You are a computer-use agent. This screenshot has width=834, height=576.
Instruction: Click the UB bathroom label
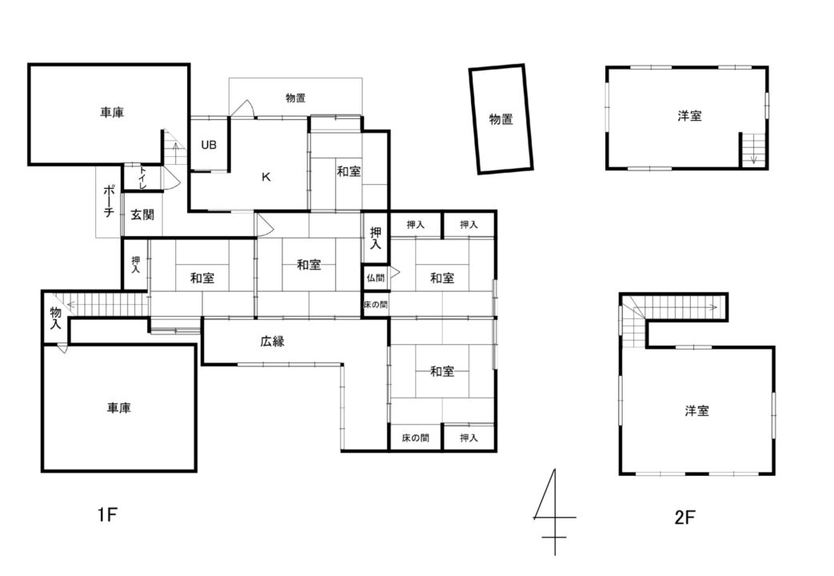pos(209,145)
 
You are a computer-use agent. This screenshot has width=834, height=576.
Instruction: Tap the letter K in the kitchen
pos(266,178)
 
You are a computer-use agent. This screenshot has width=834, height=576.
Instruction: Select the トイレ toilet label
pos(142,178)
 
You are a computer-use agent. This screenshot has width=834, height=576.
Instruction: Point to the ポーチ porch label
pos(109,202)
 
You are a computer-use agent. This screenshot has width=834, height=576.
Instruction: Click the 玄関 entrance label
pos(142,215)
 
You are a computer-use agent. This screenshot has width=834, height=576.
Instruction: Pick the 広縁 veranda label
pos(273,342)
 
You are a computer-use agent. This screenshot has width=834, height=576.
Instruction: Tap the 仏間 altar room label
pos(375,278)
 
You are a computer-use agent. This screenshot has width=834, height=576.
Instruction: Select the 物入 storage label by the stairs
pos(55,318)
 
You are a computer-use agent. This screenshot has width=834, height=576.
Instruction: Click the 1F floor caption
pos(107,514)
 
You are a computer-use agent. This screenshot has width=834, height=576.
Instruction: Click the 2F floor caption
pos(685,517)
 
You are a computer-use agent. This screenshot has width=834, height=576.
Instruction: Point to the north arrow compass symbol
pos(554,512)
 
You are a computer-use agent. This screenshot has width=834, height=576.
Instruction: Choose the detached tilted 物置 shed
pos(501,118)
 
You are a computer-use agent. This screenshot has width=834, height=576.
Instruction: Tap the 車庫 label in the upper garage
pos(112,112)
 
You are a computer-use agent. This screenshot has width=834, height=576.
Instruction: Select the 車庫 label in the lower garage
pos(118,408)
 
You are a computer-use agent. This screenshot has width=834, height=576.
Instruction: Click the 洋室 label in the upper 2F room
pos(689,115)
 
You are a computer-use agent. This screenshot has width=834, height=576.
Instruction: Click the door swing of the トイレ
pos(171,178)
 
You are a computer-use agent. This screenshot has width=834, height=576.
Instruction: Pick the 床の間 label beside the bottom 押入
pos(415,438)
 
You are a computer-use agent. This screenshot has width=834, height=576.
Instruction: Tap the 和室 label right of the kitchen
pos(349,171)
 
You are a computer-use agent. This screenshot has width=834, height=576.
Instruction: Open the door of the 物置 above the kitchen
pos(242,109)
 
